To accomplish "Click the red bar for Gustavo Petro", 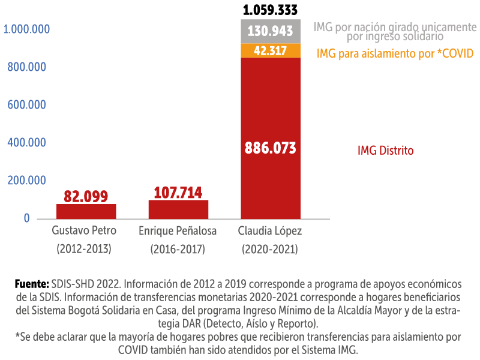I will tap(86, 211).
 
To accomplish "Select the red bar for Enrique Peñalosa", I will tap(178, 209).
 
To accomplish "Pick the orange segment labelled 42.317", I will tap(270, 51).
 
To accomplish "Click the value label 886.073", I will tap(270, 148).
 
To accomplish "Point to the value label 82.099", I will tap(86, 196).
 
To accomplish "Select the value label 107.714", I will tap(178, 193).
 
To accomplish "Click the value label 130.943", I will tap(270, 31).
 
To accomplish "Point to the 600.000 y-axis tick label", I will tap(27, 105).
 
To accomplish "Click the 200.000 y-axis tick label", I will tap(27, 181).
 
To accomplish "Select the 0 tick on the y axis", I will tap(27, 218).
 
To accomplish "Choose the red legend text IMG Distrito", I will tap(385, 151).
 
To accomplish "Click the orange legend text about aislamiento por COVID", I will tap(395, 53).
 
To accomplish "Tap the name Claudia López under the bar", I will tap(270, 230).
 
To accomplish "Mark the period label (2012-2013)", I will tap(85, 248).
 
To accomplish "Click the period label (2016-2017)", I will tap(178, 248).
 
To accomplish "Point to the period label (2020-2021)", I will tap(270, 248).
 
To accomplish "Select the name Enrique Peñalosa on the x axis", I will tap(178, 230).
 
